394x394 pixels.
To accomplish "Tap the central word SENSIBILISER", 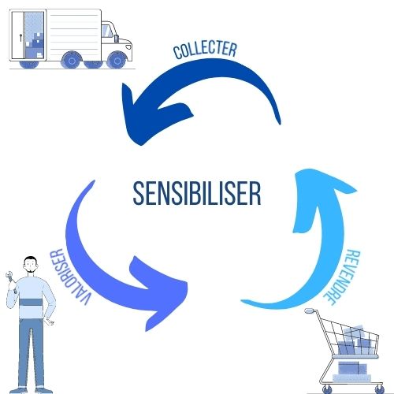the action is tap(197, 193).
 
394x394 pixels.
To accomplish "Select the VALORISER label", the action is tap(70, 277).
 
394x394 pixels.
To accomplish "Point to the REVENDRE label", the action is tap(342, 277).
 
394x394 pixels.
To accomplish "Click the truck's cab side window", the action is tap(107, 31).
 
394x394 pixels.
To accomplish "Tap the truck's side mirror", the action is tap(117, 39).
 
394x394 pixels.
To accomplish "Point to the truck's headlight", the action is tap(128, 47).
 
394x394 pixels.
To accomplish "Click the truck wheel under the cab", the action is tap(117, 61).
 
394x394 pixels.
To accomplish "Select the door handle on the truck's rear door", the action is tap(20, 38).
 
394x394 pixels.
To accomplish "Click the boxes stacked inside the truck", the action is tap(34, 45).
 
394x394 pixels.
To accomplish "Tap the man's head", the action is tap(31, 265).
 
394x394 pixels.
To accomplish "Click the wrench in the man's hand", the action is tap(10, 279).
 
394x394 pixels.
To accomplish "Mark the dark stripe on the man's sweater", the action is tap(31, 302).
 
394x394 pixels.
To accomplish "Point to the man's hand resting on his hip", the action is tap(49, 322).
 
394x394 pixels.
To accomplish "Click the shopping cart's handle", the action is tap(310, 311).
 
